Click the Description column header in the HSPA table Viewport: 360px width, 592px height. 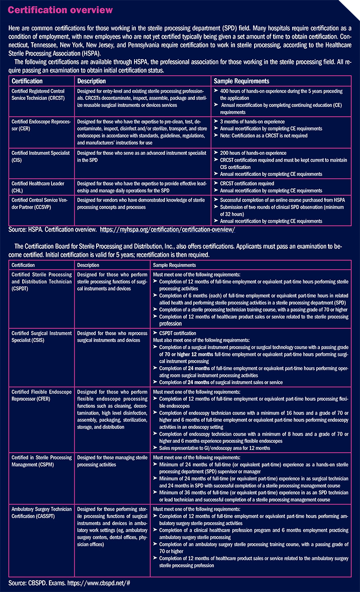[92, 81]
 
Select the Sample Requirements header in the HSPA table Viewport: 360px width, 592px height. [242, 81]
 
